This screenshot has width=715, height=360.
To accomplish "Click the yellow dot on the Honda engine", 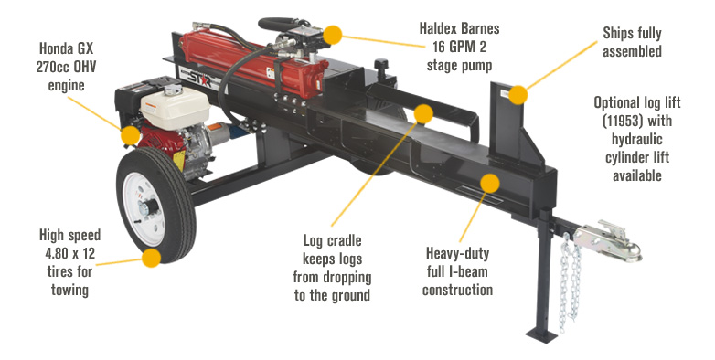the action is click(131, 135).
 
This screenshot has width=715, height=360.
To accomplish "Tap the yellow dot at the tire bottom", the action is click(152, 258).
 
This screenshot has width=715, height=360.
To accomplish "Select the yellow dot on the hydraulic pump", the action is click(333, 35).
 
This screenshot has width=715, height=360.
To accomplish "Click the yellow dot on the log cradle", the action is click(423, 114).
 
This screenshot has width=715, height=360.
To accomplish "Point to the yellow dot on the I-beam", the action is click(490, 183).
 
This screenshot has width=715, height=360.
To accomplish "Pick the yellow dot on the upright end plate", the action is click(518, 95).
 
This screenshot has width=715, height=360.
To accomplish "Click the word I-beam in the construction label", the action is click(468, 271).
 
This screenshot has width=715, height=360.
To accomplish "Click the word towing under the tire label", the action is click(69, 291).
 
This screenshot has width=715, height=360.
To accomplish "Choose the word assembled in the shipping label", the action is click(633, 51).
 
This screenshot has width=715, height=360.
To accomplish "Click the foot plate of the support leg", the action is click(542, 336).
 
